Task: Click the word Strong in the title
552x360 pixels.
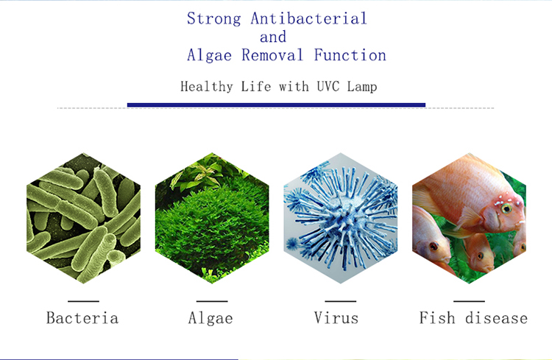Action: (x=214, y=18)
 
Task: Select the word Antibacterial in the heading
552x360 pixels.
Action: (x=308, y=18)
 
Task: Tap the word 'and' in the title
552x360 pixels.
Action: (x=273, y=37)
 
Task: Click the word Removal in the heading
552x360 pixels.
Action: (x=272, y=55)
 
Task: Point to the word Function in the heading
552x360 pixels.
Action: (x=350, y=55)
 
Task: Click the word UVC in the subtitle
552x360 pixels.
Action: (x=328, y=86)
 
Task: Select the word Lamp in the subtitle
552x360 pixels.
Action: (x=362, y=87)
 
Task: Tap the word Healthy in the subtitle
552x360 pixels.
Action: (x=207, y=87)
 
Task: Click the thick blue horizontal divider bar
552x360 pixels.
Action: (x=276, y=105)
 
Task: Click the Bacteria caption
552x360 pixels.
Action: (x=82, y=318)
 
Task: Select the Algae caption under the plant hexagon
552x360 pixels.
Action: (x=210, y=318)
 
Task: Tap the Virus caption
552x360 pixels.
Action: (x=336, y=318)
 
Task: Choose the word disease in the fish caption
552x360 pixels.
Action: (x=496, y=318)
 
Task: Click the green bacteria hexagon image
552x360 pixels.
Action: (x=83, y=218)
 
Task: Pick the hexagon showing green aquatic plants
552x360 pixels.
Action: (x=212, y=218)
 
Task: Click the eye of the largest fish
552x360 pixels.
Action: (x=506, y=208)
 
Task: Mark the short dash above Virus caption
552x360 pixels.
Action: (x=341, y=301)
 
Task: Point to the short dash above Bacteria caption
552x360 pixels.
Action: (x=83, y=301)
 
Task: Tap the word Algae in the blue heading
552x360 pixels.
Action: (x=209, y=55)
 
